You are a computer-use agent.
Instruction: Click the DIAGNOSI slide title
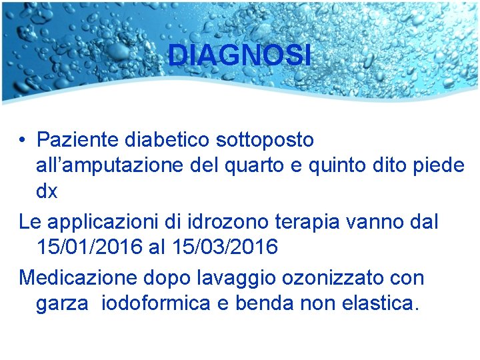coord(239,55)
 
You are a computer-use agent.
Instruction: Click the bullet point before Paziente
coord(23,140)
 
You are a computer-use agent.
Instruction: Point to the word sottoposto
coord(265,140)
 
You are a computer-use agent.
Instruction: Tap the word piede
coord(439,165)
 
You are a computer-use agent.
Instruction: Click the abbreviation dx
coord(47,191)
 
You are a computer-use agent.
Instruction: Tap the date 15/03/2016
coord(225,247)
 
